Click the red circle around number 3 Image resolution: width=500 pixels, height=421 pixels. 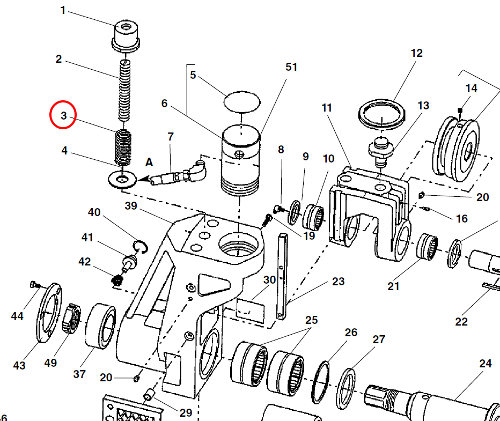tap(63, 115)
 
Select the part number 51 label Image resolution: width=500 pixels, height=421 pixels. tap(291, 67)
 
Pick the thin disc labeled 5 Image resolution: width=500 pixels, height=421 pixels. tap(241, 101)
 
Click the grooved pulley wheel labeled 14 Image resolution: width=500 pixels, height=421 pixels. tap(457, 145)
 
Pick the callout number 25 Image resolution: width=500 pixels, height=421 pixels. tap(312, 320)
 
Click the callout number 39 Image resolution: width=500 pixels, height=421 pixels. tap(131, 205)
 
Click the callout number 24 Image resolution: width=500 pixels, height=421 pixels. tap(485, 364)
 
